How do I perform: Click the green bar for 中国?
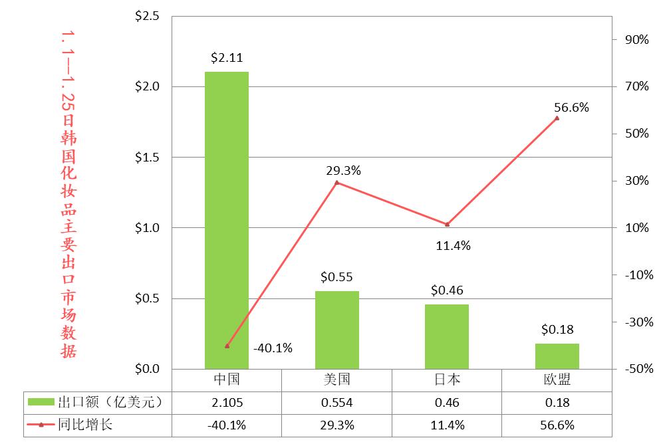pyautogui.click(x=226, y=219)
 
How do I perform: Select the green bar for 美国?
pyautogui.click(x=336, y=330)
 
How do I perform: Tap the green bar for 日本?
pyautogui.click(x=447, y=336)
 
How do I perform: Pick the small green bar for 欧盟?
pyautogui.click(x=557, y=356)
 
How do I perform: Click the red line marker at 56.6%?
pyautogui.click(x=557, y=118)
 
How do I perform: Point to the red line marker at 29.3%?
pyautogui.click(x=337, y=182)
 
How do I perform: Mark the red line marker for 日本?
pyautogui.click(x=447, y=224)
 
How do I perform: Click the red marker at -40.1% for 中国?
pyautogui.click(x=227, y=346)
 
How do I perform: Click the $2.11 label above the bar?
pyautogui.click(x=226, y=58)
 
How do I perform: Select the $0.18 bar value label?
pyautogui.click(x=557, y=329)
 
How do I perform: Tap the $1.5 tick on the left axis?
pyautogui.click(x=147, y=158)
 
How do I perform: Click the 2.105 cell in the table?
pyautogui.click(x=226, y=402)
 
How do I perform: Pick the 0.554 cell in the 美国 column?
pyautogui.click(x=336, y=402)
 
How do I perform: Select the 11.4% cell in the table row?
pyautogui.click(x=447, y=425)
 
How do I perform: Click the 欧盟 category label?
pyautogui.click(x=557, y=380)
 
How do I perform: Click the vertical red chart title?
pyautogui.click(x=68, y=193)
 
